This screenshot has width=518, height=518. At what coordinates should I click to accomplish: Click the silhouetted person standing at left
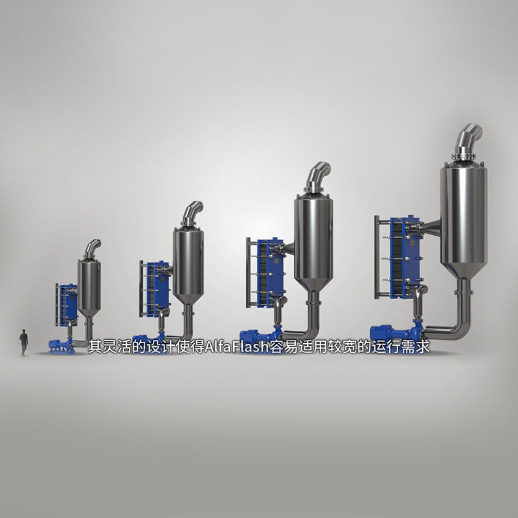(x=23, y=342)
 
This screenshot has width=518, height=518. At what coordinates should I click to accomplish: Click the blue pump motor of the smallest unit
(x=58, y=345)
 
